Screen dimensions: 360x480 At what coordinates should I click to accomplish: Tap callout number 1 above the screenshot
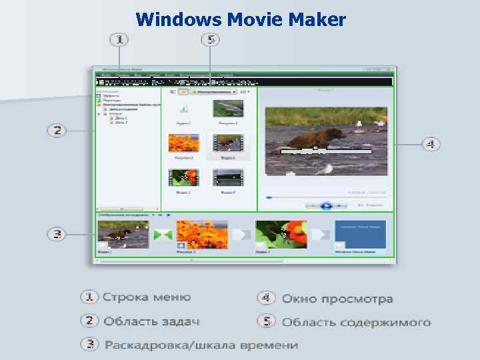119,40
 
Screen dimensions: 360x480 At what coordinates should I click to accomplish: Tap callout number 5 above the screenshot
210,40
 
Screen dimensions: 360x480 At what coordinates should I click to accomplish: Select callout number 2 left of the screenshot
58,130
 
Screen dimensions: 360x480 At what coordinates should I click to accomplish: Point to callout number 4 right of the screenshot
430,143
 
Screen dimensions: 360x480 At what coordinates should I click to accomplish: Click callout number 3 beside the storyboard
58,234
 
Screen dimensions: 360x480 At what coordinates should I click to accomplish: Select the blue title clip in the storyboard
360,234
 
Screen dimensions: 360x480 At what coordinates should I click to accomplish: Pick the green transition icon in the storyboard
163,235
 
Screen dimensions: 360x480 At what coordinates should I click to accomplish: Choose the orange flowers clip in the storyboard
201,234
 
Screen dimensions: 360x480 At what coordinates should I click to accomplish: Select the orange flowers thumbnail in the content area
183,143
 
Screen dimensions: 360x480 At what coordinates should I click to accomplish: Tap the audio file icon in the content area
183,109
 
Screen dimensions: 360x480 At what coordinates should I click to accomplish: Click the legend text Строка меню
146,297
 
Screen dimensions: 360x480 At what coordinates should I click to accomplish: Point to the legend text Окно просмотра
337,299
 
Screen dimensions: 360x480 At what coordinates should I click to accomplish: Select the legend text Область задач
151,321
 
